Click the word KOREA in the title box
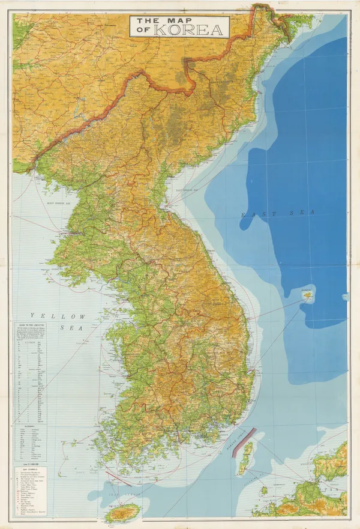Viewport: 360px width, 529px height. pos(189,29)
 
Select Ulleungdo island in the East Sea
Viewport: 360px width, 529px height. pos(308,296)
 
